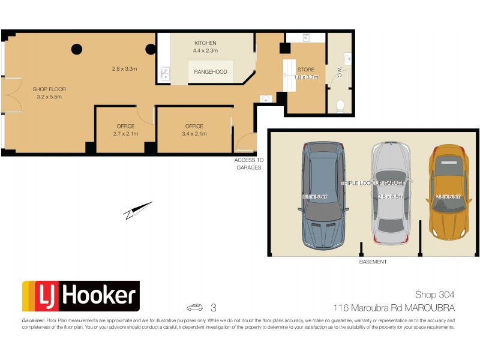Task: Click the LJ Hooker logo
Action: click(80, 296)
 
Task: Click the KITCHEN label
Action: click(205, 43)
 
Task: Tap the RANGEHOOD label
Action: click(210, 72)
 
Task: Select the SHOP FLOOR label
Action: click(49, 89)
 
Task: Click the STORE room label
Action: click(305, 70)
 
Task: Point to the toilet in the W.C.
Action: click(340, 106)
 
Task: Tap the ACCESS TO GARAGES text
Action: click(248, 164)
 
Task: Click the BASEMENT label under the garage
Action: click(373, 262)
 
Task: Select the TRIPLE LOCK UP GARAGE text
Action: click(373, 182)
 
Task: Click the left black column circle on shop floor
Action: click(77, 50)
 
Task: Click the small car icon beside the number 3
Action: click(195, 308)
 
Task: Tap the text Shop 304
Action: click(434, 295)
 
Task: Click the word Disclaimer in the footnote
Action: click(33, 320)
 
